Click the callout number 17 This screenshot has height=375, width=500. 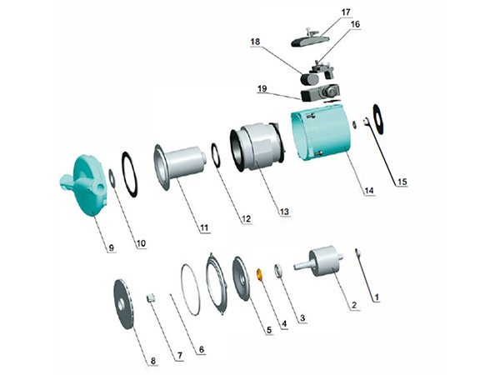coord(346,12)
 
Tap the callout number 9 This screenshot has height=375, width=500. coord(112,247)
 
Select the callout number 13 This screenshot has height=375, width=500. coord(284,212)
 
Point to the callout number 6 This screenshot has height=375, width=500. coord(201,349)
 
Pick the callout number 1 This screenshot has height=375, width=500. coord(377,297)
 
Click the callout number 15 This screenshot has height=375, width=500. coord(402,182)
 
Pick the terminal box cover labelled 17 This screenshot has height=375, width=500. coord(310,40)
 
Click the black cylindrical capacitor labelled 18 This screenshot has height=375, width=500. coord(309,79)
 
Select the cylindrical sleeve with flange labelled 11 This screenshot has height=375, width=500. coord(180,167)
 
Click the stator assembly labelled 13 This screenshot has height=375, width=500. coord(257,147)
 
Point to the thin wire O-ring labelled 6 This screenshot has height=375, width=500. coord(191,289)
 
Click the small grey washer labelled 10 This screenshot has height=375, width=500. coord(112,178)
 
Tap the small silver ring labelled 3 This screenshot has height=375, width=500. coord(277,271)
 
